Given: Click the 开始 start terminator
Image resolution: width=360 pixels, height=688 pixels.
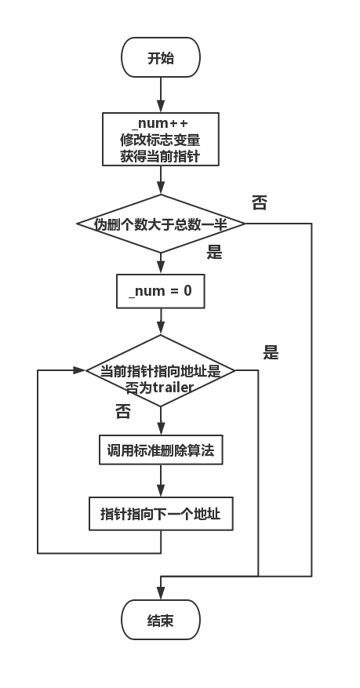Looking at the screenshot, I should click(161, 58).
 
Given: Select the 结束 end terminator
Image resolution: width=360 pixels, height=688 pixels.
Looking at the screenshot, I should click(161, 621).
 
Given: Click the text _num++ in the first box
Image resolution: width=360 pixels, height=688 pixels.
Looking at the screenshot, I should click(160, 124).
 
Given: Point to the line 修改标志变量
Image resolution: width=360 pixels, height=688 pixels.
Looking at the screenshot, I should click(160, 140).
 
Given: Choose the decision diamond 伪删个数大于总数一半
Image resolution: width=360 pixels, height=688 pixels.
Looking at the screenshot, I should click(161, 224).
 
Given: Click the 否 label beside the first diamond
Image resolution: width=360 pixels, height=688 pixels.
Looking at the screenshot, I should click(259, 203).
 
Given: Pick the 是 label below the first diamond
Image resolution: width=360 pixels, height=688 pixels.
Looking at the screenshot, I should click(213, 253).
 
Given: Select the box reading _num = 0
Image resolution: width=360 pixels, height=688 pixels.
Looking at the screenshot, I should click(160, 290).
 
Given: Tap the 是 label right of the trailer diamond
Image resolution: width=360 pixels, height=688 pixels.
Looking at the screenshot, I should click(271, 353).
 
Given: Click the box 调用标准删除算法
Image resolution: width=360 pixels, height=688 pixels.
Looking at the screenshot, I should click(161, 451).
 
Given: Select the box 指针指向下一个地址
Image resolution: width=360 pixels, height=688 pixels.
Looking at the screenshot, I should click(161, 515).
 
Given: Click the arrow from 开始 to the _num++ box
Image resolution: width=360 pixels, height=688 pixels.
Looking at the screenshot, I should click(161, 96).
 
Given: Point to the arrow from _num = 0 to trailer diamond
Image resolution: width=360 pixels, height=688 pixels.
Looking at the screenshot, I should click(161, 322).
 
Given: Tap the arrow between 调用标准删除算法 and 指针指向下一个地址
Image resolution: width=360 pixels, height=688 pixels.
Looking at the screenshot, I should click(161, 482).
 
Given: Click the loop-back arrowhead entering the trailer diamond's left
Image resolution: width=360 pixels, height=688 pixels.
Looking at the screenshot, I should click(79, 370).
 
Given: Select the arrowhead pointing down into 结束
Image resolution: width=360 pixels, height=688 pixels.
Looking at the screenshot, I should click(161, 596).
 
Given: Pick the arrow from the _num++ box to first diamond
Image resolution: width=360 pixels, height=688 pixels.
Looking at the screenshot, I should click(161, 180).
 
